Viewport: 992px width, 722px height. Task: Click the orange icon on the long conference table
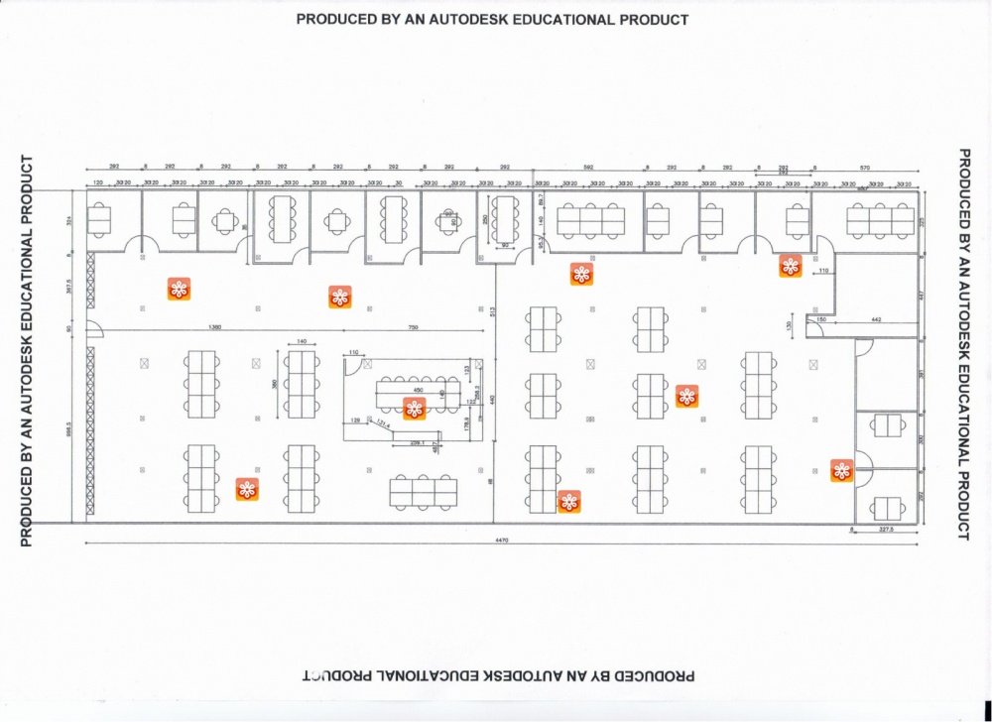pos(415,409)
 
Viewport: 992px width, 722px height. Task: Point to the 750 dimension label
pos(413,327)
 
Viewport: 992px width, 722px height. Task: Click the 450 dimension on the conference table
pos(418,390)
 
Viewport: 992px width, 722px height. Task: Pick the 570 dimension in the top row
pos(865,168)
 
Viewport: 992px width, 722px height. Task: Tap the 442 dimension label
pos(876,319)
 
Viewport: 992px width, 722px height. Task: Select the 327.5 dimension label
pos(886,531)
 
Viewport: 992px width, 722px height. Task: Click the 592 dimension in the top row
pos(588,168)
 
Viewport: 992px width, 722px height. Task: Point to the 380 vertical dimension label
pos(274,383)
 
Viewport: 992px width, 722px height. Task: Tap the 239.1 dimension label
pos(418,441)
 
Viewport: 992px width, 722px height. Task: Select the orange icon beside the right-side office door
pos(841,471)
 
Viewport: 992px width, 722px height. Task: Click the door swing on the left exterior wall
pos(93,330)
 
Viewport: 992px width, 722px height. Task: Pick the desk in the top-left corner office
pos(99,220)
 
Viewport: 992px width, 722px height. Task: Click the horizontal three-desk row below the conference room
pos(424,489)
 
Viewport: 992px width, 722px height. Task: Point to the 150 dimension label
pos(820,319)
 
